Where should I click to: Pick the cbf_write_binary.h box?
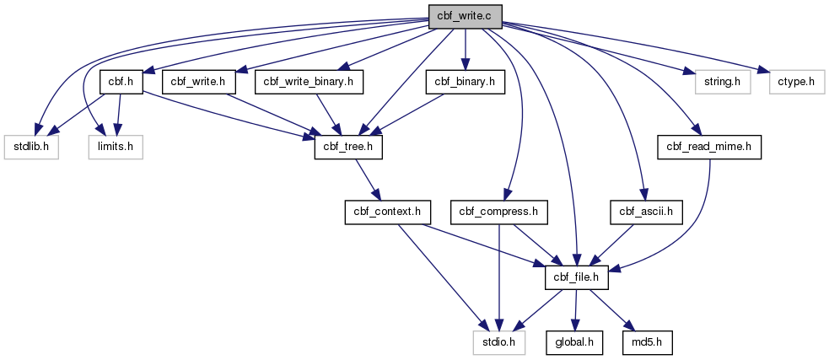(x=310, y=83)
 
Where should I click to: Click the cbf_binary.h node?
(x=466, y=83)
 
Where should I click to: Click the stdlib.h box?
(x=31, y=148)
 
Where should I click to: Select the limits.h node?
(x=116, y=148)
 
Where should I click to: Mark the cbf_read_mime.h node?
(x=709, y=148)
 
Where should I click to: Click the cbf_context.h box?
(x=388, y=212)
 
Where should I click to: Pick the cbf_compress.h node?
(x=498, y=212)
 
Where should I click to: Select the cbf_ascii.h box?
(x=646, y=212)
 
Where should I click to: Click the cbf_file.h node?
(x=577, y=278)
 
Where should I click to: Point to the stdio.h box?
(x=498, y=343)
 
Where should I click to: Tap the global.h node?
(x=574, y=343)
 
